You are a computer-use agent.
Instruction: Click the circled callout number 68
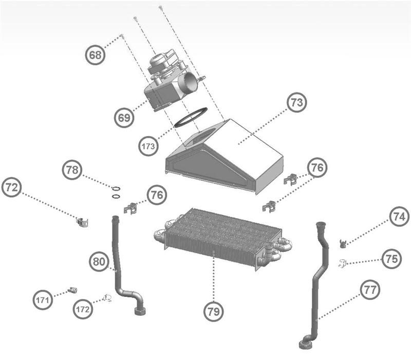click(x=96, y=54)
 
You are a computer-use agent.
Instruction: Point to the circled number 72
click(x=11, y=188)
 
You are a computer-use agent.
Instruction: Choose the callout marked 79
click(x=213, y=311)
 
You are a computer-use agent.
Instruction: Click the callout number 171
click(x=44, y=299)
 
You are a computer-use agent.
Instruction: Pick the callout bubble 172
click(x=83, y=309)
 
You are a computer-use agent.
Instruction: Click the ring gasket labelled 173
click(x=191, y=117)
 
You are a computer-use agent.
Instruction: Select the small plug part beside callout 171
click(x=72, y=291)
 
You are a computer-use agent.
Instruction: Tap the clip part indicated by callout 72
click(x=81, y=222)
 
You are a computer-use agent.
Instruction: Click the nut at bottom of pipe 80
click(x=139, y=311)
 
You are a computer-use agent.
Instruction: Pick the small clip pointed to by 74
click(x=343, y=242)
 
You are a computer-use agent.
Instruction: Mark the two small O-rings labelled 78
click(x=117, y=191)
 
